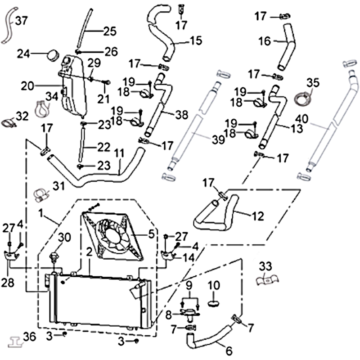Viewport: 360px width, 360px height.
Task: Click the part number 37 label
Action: pyautogui.click(x=22, y=21)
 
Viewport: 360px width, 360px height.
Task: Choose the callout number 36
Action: pyautogui.click(x=29, y=337)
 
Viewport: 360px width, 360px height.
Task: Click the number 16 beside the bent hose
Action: pyautogui.click(x=265, y=41)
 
